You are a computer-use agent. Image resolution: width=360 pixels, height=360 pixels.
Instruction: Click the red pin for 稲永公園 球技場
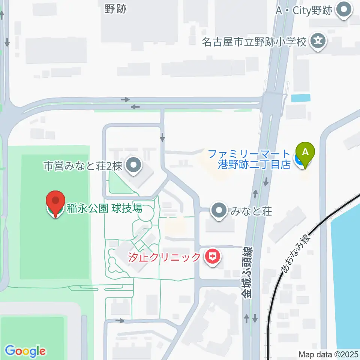pyautogui.click(x=55, y=204)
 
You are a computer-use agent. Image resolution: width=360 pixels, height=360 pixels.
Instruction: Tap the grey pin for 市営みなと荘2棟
pyautogui.click(x=133, y=166)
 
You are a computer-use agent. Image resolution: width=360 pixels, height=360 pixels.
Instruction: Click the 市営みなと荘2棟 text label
pyautogui.click(x=83, y=166)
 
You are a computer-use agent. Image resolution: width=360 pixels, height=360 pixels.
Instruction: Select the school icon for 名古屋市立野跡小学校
pyautogui.click(x=318, y=40)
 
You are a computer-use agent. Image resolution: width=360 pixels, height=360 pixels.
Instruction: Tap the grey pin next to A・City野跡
pyautogui.click(x=343, y=11)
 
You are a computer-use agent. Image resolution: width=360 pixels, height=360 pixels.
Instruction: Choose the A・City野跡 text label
pyautogui.click(x=304, y=11)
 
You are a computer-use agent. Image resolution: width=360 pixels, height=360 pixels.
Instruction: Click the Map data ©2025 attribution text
pyautogui.click(x=328, y=354)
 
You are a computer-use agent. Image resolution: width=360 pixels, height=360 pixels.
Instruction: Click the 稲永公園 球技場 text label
pyautogui.click(x=105, y=208)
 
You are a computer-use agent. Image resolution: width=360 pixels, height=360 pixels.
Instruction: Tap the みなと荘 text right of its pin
pyautogui.click(x=246, y=211)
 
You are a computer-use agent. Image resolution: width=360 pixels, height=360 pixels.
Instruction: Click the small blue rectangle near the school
pyautogui.click(x=301, y=98)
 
